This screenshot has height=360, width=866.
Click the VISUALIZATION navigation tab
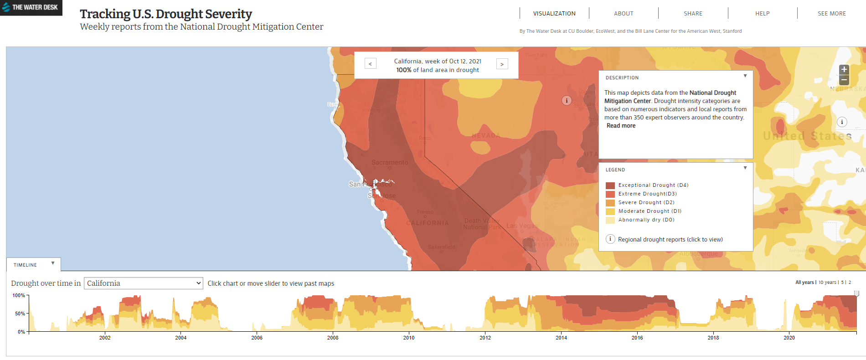tap(554, 14)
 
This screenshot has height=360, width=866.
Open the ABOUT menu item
tap(624, 14)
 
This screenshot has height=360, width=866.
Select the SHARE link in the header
tap(693, 14)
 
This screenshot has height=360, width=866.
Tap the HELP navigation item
tap(762, 14)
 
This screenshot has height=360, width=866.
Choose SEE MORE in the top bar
tap(831, 14)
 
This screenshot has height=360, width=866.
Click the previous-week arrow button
tap(370, 64)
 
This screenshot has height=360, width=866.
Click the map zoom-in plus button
tap(844, 69)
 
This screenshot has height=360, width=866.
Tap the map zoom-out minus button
tap(844, 80)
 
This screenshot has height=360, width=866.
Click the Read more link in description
tap(621, 126)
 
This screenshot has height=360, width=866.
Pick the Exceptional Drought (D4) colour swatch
tap(610, 185)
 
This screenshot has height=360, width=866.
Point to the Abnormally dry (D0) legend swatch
tap(610, 220)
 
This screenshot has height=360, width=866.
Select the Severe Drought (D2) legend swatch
tap(610, 203)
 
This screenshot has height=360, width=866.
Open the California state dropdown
tap(143, 283)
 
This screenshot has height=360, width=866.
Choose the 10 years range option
tap(827, 283)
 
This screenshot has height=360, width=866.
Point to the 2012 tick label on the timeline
tap(485, 338)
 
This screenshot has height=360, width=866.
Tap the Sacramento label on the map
tap(390, 162)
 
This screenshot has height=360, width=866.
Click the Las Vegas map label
tap(522, 226)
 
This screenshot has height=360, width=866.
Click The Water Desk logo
tap(31, 7)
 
